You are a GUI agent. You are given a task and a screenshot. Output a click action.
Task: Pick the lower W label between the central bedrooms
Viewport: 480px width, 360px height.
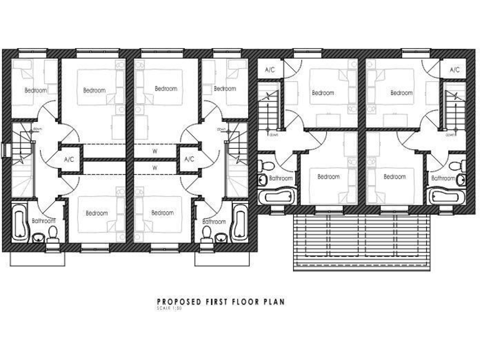[154, 167]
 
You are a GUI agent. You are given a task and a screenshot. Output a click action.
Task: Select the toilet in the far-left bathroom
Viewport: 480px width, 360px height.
[53, 234]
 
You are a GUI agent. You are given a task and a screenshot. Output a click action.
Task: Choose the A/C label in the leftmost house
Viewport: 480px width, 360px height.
[69, 160]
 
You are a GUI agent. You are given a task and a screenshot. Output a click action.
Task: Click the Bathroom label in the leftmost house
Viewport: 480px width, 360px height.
[44, 221]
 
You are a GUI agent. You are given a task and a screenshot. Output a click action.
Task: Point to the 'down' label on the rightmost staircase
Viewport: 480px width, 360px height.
[449, 133]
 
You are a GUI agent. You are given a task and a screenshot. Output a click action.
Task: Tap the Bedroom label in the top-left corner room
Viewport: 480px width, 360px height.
[35, 90]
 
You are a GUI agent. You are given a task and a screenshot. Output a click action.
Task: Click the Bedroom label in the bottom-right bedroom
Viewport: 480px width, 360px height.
[394, 177]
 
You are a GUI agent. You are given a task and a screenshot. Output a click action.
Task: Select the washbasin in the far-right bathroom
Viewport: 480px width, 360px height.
[461, 180]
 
